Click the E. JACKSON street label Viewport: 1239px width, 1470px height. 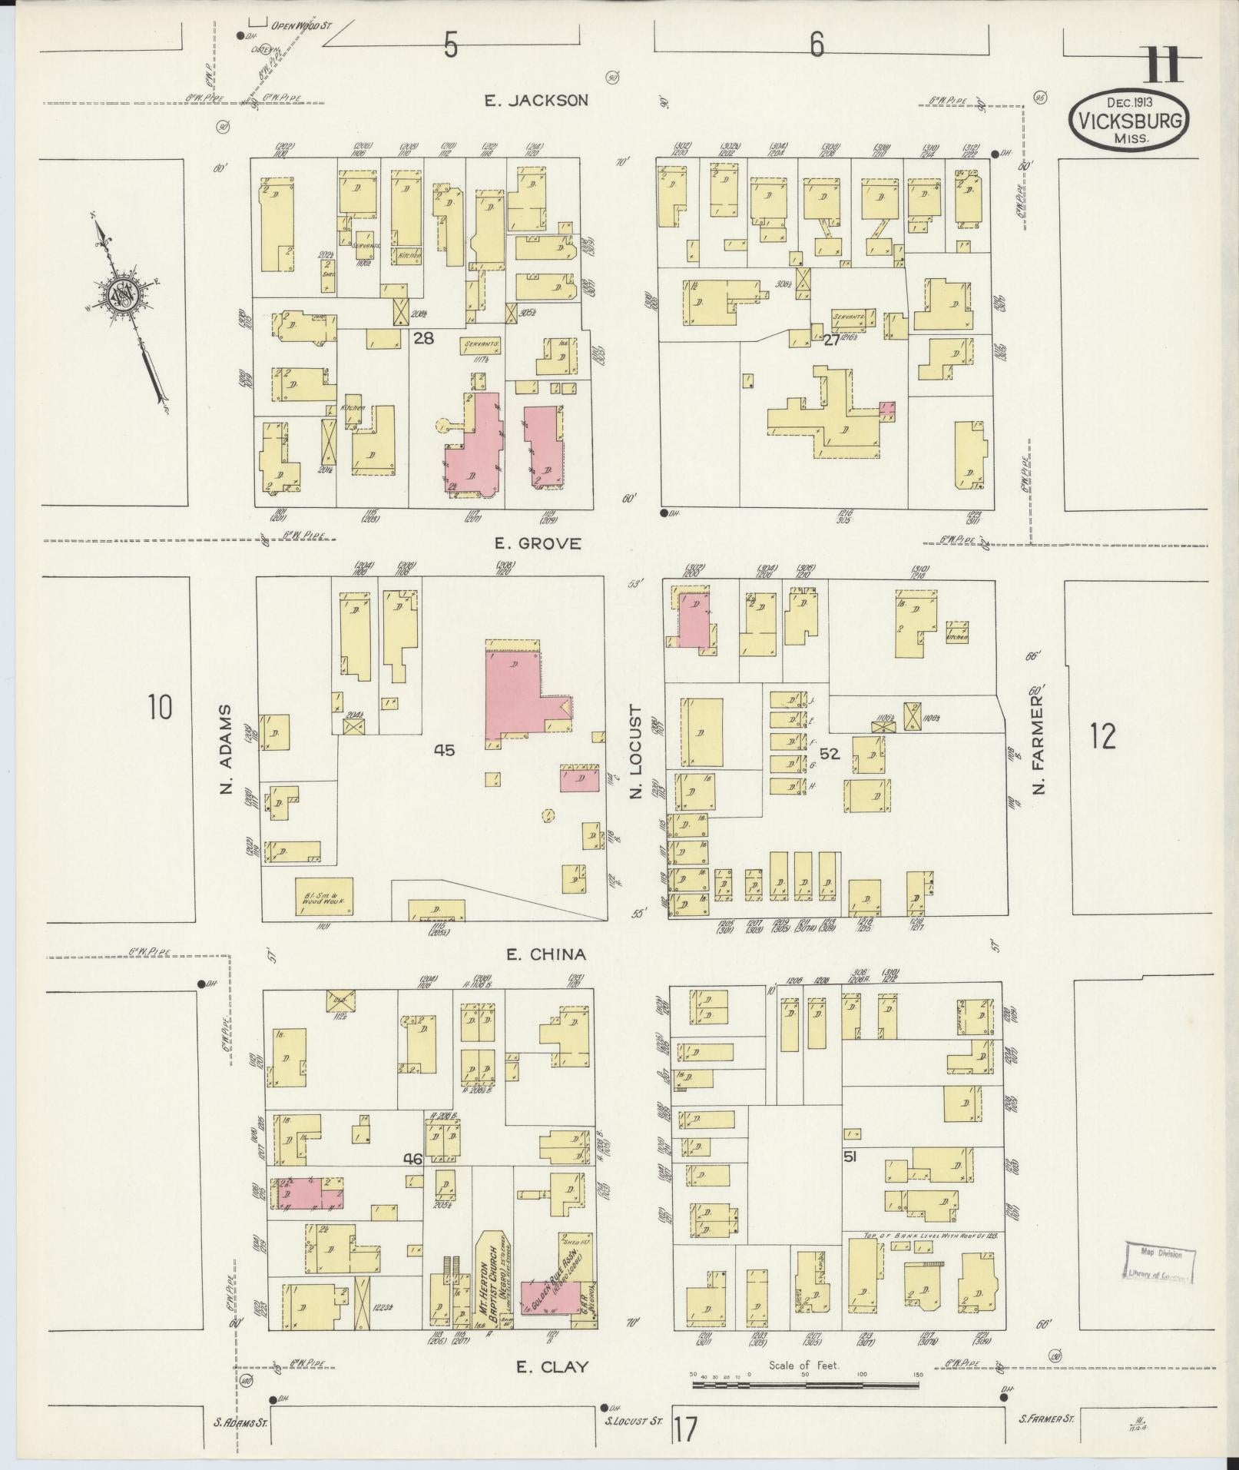tap(536, 100)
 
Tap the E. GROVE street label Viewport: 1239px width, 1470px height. tap(538, 544)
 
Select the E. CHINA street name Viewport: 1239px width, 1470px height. tap(545, 954)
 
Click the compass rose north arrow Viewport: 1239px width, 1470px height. tap(123, 296)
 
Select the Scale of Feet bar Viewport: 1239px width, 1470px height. tap(805, 1385)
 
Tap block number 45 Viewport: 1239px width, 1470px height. tap(444, 751)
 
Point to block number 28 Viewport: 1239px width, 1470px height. tap(423, 337)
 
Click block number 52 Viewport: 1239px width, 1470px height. tap(830, 754)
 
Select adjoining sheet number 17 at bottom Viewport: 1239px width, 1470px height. tap(685, 1431)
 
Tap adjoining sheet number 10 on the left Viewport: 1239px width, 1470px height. tap(160, 706)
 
